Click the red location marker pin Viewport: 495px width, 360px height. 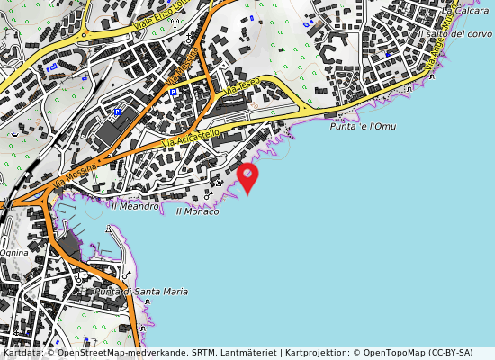pyautogui.click(x=247, y=175)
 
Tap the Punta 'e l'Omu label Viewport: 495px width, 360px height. pyautogui.click(x=363, y=127)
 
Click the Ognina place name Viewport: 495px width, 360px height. pyautogui.click(x=13, y=253)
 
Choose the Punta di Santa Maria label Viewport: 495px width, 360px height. pyautogui.click(x=141, y=292)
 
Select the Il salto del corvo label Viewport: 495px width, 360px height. pyautogui.click(x=455, y=33)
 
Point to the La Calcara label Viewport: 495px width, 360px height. pyautogui.click(x=475, y=11)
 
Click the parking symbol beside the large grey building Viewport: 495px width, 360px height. pyautogui.click(x=117, y=112)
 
